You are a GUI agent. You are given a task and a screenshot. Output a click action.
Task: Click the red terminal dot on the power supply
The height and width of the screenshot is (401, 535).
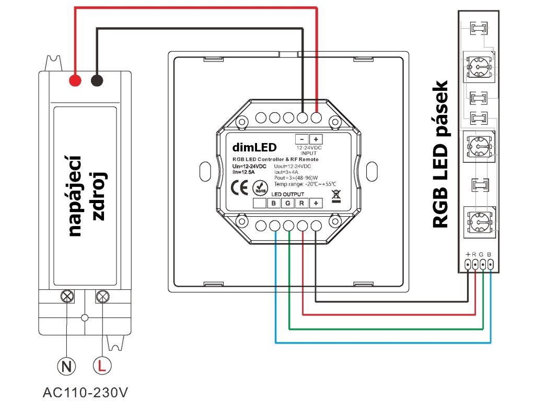pos(75,80)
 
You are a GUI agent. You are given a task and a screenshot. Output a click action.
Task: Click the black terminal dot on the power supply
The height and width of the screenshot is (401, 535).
pos(97,80)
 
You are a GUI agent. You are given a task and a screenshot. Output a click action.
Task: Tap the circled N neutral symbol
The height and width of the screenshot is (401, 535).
pos(66,366)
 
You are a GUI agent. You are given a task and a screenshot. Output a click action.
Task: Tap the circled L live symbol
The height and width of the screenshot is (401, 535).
pos(102,365)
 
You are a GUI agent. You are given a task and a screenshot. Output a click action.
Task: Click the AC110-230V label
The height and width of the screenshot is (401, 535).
pos(85,392)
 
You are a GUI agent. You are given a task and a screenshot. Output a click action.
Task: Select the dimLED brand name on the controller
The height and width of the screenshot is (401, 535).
pos(254,147)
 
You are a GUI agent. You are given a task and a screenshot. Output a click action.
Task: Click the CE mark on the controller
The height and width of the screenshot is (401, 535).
pos(239,187)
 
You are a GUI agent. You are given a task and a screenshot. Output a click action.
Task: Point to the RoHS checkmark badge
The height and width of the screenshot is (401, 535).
pos(260,187)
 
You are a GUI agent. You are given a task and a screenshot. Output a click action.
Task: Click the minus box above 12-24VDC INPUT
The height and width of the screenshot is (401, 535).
pos(301,139)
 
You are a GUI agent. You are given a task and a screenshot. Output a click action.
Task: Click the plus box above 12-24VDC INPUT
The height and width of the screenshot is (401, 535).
pos(316,139)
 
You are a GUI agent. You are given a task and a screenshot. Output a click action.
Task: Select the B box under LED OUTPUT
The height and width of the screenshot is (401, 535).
pos(274,203)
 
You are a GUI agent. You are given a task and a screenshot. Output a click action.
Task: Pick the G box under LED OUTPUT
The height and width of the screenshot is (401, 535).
pos(288,203)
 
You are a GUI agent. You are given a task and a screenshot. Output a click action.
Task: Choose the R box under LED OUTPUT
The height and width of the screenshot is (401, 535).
pos(301,203)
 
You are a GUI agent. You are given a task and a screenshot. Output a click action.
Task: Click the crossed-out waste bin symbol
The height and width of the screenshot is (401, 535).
pos(336,197)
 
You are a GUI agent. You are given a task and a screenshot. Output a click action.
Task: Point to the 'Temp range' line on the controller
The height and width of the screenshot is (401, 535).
pos(305,184)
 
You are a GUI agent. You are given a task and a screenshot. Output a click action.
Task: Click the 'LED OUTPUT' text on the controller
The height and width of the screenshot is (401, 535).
pos(288,194)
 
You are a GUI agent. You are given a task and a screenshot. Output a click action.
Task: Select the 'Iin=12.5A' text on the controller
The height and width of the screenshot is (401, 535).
pos(243,172)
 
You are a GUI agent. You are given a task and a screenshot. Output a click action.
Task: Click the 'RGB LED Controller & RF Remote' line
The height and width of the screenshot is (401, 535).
pos(275,159)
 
